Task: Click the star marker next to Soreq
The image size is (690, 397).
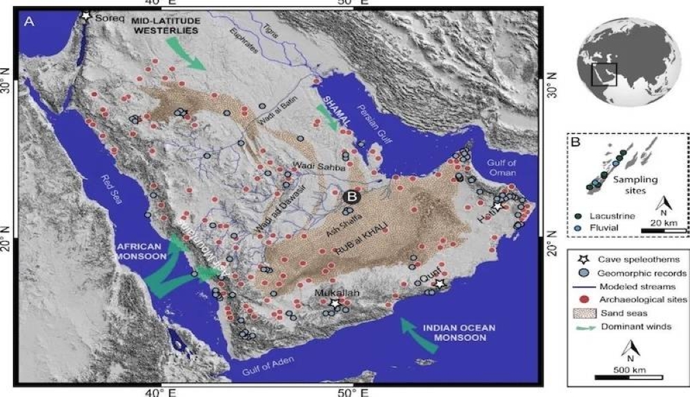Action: [x=86, y=14]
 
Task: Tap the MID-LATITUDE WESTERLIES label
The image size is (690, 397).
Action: [x=165, y=26]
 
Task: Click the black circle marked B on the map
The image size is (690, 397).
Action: [x=351, y=197]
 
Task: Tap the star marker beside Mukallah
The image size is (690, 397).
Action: [x=335, y=304]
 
